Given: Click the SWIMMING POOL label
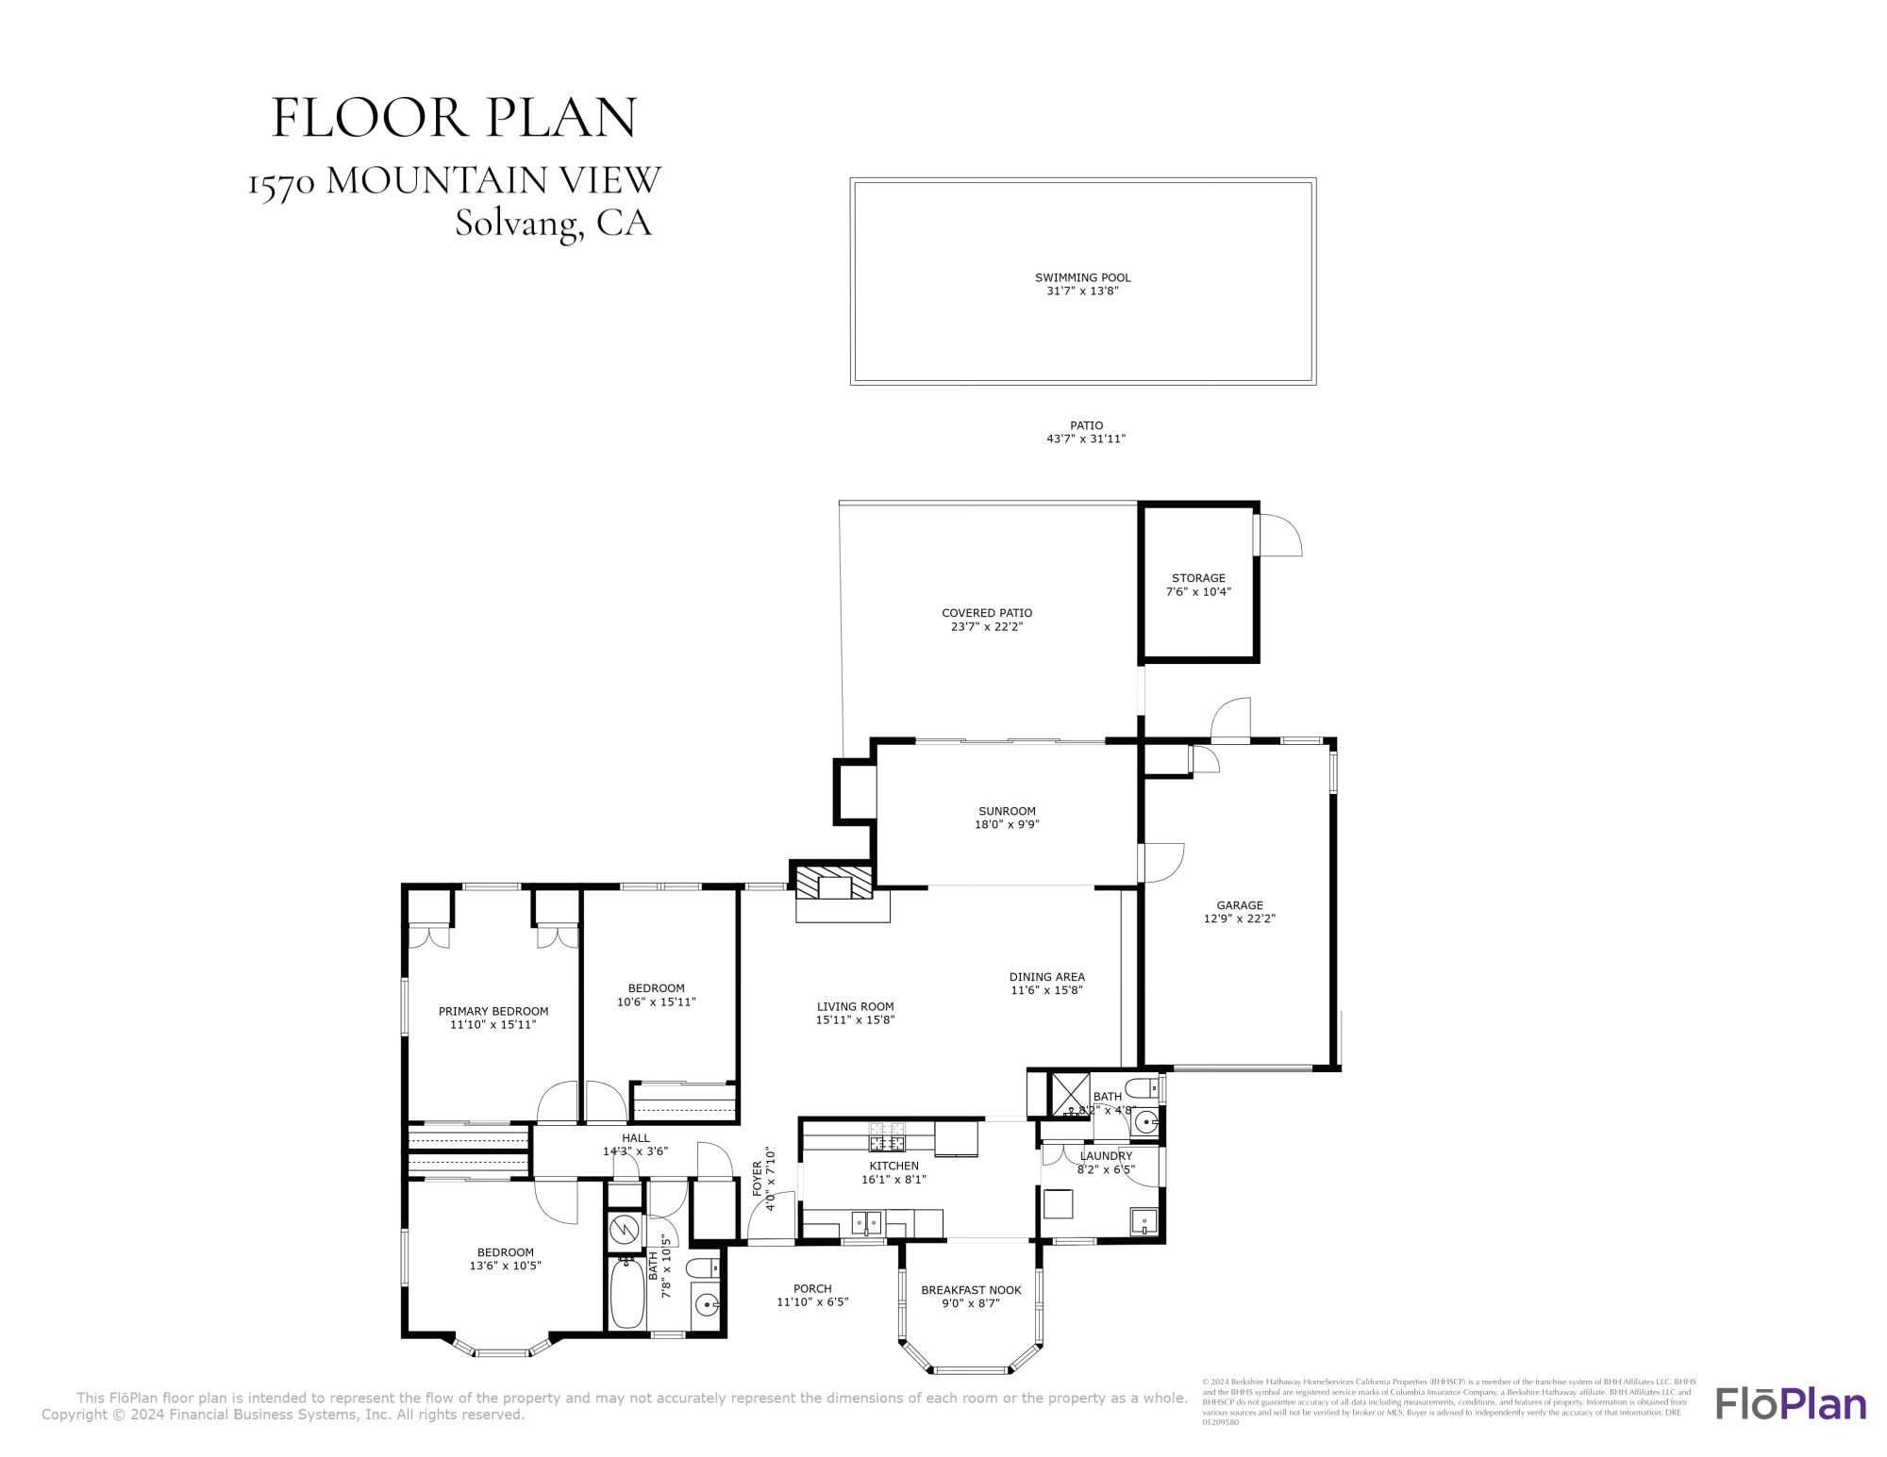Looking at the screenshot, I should [1082, 277].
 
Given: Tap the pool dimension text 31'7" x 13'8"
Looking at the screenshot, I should [1082, 291].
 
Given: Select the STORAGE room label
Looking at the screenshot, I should [1198, 578].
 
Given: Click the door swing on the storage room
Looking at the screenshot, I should [1280, 535].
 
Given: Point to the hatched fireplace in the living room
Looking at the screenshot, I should [834, 885].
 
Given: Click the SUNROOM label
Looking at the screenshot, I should [1007, 811].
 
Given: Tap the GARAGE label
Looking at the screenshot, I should [1239, 905].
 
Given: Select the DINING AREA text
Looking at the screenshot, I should [1046, 977].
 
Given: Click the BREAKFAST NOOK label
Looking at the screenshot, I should [971, 1290].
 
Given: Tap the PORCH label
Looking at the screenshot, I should [812, 1288].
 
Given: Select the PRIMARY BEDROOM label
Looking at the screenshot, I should [493, 1011].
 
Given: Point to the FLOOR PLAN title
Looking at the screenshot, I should [454, 118].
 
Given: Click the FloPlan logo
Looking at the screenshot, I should [1790, 1402].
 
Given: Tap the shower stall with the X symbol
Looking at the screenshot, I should [1070, 1094].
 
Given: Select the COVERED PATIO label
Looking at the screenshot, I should [987, 613].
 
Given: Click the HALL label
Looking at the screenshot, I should [635, 1138].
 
